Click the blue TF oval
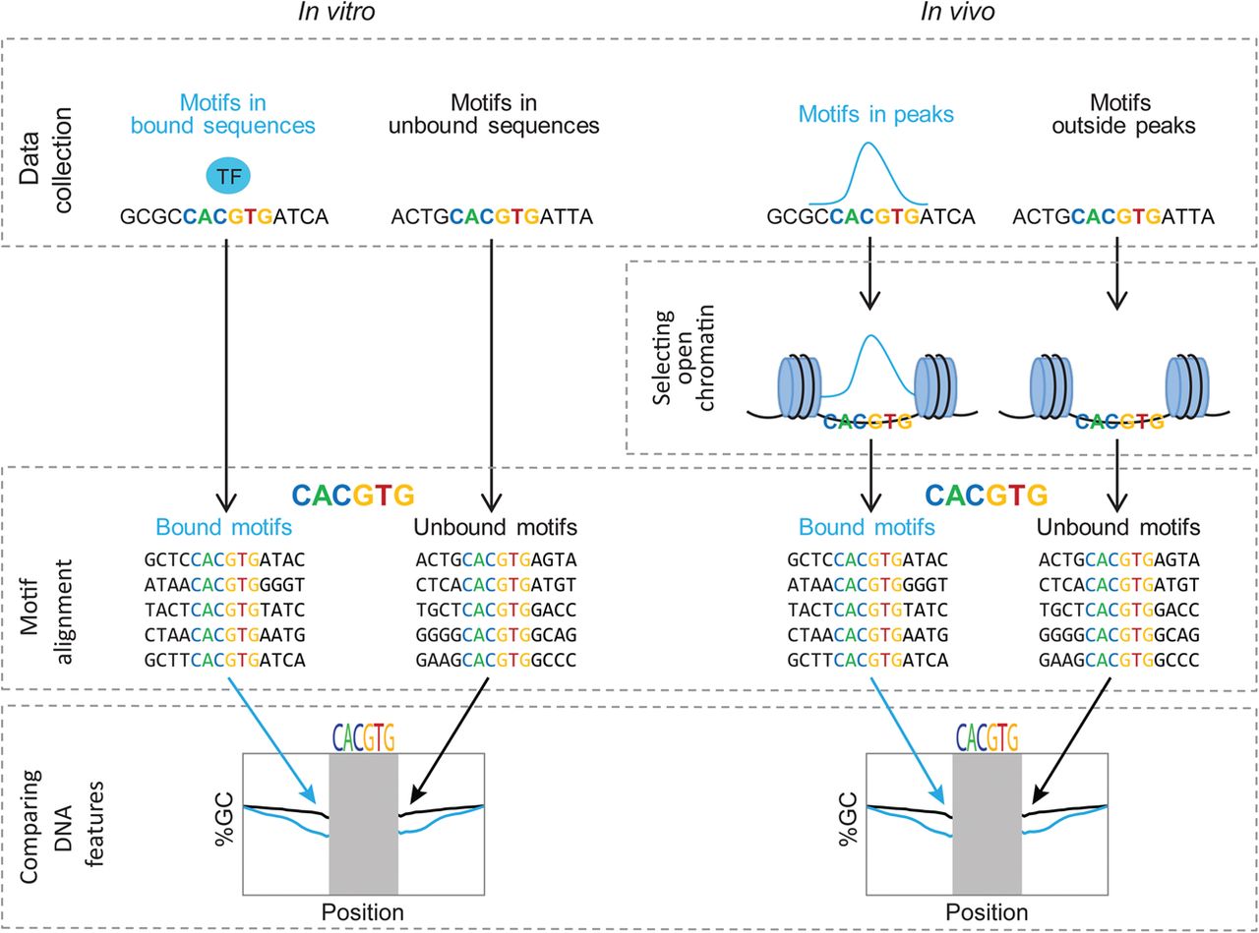[x=228, y=176]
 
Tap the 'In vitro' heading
[x=336, y=12]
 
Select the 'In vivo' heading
[x=958, y=12]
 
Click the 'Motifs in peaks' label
[x=875, y=114]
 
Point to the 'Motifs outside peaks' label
[x=1123, y=114]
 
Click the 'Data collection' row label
[x=45, y=160]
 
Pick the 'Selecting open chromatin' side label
[x=683, y=358]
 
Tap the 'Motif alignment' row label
[x=45, y=612]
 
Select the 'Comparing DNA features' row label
[x=62, y=826]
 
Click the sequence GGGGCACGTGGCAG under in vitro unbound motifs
[x=496, y=635]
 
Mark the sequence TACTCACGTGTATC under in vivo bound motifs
[x=868, y=611]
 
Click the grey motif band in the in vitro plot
[x=363, y=824]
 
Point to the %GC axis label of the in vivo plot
[x=848, y=819]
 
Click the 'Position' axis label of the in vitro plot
[x=363, y=912]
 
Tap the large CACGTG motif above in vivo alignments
[x=987, y=495]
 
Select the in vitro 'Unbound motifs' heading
[x=495, y=527]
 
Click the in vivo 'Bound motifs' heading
[x=867, y=527]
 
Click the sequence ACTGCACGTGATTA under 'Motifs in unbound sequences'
[x=492, y=217]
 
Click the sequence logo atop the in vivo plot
[x=988, y=737]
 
